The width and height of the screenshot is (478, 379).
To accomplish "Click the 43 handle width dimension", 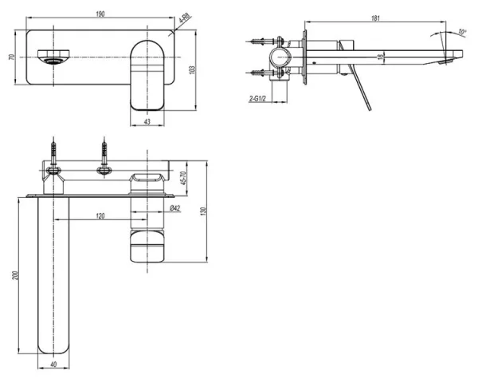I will tap(147, 120).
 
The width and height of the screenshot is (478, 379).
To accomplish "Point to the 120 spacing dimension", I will tap(100, 217).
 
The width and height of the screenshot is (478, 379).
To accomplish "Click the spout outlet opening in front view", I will tap(53, 57).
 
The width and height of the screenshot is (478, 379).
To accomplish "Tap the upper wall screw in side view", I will tap(260, 40).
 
